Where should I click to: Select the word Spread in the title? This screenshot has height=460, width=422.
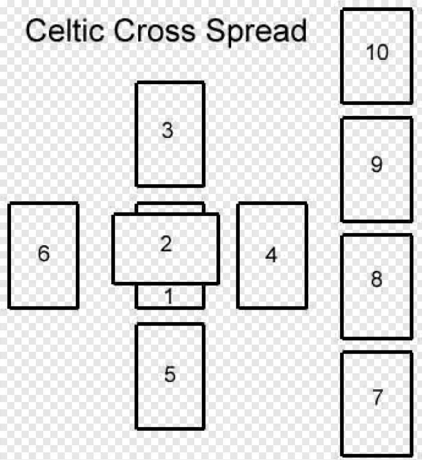click(x=256, y=32)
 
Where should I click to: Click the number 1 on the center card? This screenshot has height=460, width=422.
click(x=169, y=297)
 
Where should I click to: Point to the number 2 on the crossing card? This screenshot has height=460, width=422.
click(x=166, y=244)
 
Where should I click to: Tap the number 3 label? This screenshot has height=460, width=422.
click(x=167, y=130)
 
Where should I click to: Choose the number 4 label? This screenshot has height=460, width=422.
click(x=271, y=256)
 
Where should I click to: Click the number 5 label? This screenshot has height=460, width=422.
click(x=170, y=374)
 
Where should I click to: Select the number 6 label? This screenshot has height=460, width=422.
click(x=44, y=254)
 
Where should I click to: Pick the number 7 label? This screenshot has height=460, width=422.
click(x=377, y=397)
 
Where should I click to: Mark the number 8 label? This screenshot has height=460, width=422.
click(x=376, y=280)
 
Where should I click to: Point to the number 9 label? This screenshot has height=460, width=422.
click(x=376, y=165)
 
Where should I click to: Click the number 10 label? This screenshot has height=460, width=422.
click(x=377, y=52)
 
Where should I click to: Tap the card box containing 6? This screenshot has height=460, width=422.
click(x=44, y=278)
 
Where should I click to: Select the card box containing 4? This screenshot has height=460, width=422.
click(x=272, y=282)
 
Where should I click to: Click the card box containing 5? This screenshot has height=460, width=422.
click(x=170, y=402)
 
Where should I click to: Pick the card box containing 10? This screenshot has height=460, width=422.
click(x=377, y=77)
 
